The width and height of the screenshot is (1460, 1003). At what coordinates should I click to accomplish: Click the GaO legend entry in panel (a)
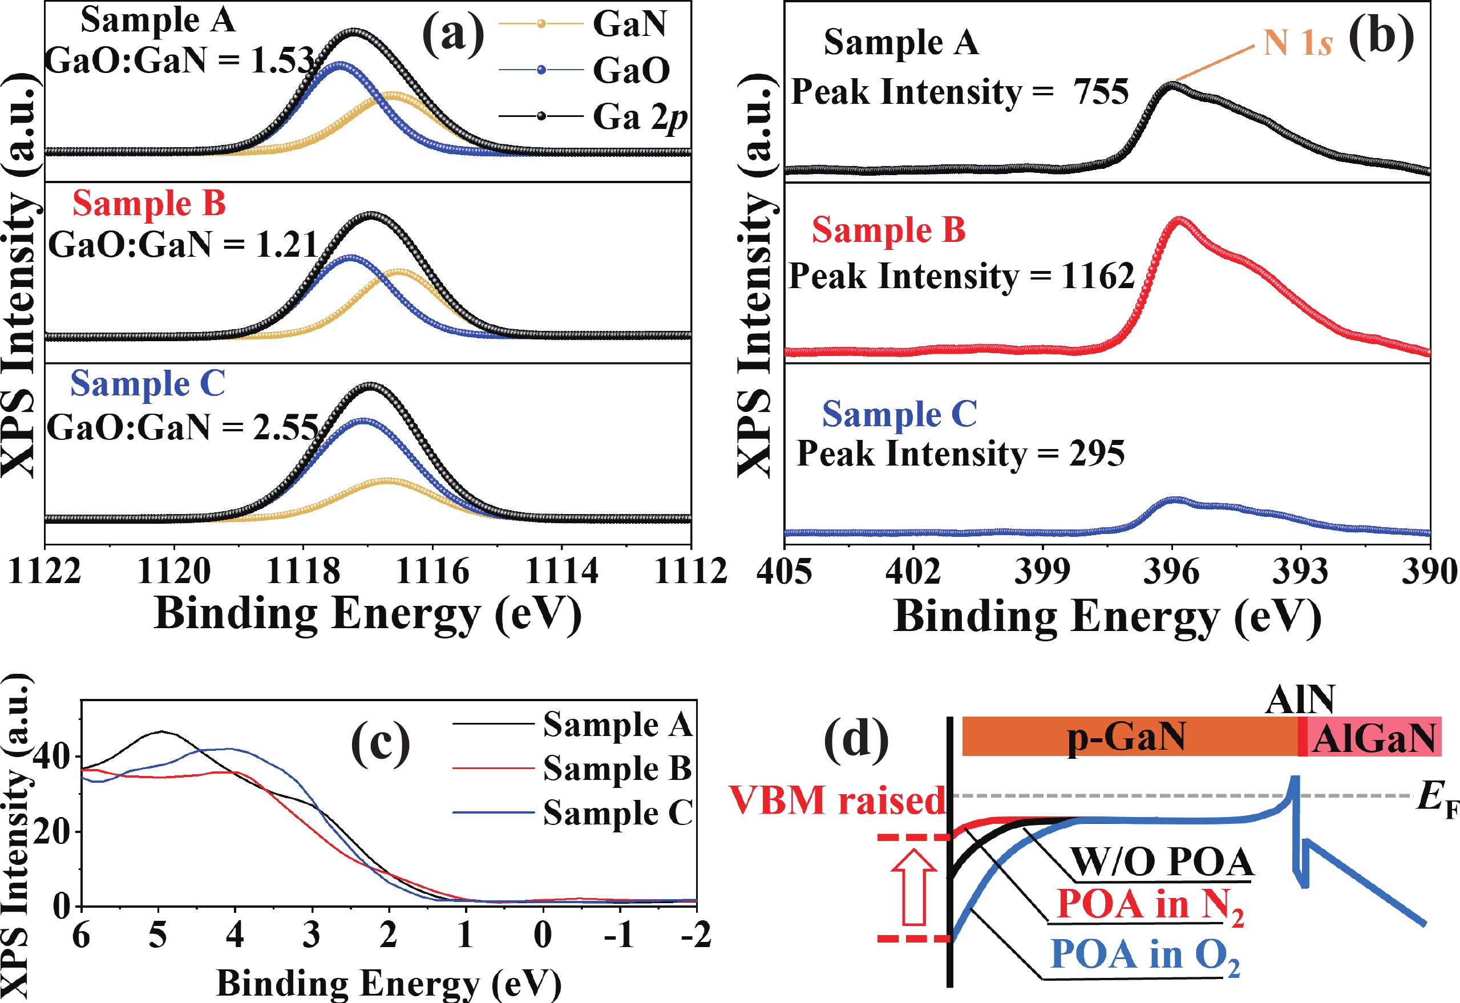pos(630,70)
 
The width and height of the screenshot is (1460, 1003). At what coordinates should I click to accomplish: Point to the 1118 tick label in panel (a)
pos(303,571)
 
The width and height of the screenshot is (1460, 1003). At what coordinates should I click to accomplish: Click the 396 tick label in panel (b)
pos(1171,571)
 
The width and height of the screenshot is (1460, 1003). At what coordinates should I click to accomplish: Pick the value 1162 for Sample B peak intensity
pos(1097,276)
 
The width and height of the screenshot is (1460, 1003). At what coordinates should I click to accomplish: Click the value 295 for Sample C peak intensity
pos(1097,453)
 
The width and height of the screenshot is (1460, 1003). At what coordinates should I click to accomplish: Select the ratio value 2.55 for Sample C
pos(285,427)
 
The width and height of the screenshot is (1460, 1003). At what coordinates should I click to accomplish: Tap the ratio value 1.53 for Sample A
pos(282,60)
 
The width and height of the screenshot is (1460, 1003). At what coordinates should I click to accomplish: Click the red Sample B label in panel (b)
pos(888,229)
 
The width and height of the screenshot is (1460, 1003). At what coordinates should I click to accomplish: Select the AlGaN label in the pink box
pos(1374,738)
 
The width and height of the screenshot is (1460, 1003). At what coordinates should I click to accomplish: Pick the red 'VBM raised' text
pos(837,800)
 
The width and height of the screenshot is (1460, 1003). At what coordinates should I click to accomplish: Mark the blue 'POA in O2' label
pos(1144,955)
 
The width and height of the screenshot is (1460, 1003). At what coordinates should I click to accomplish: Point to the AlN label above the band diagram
pos(1300,699)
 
